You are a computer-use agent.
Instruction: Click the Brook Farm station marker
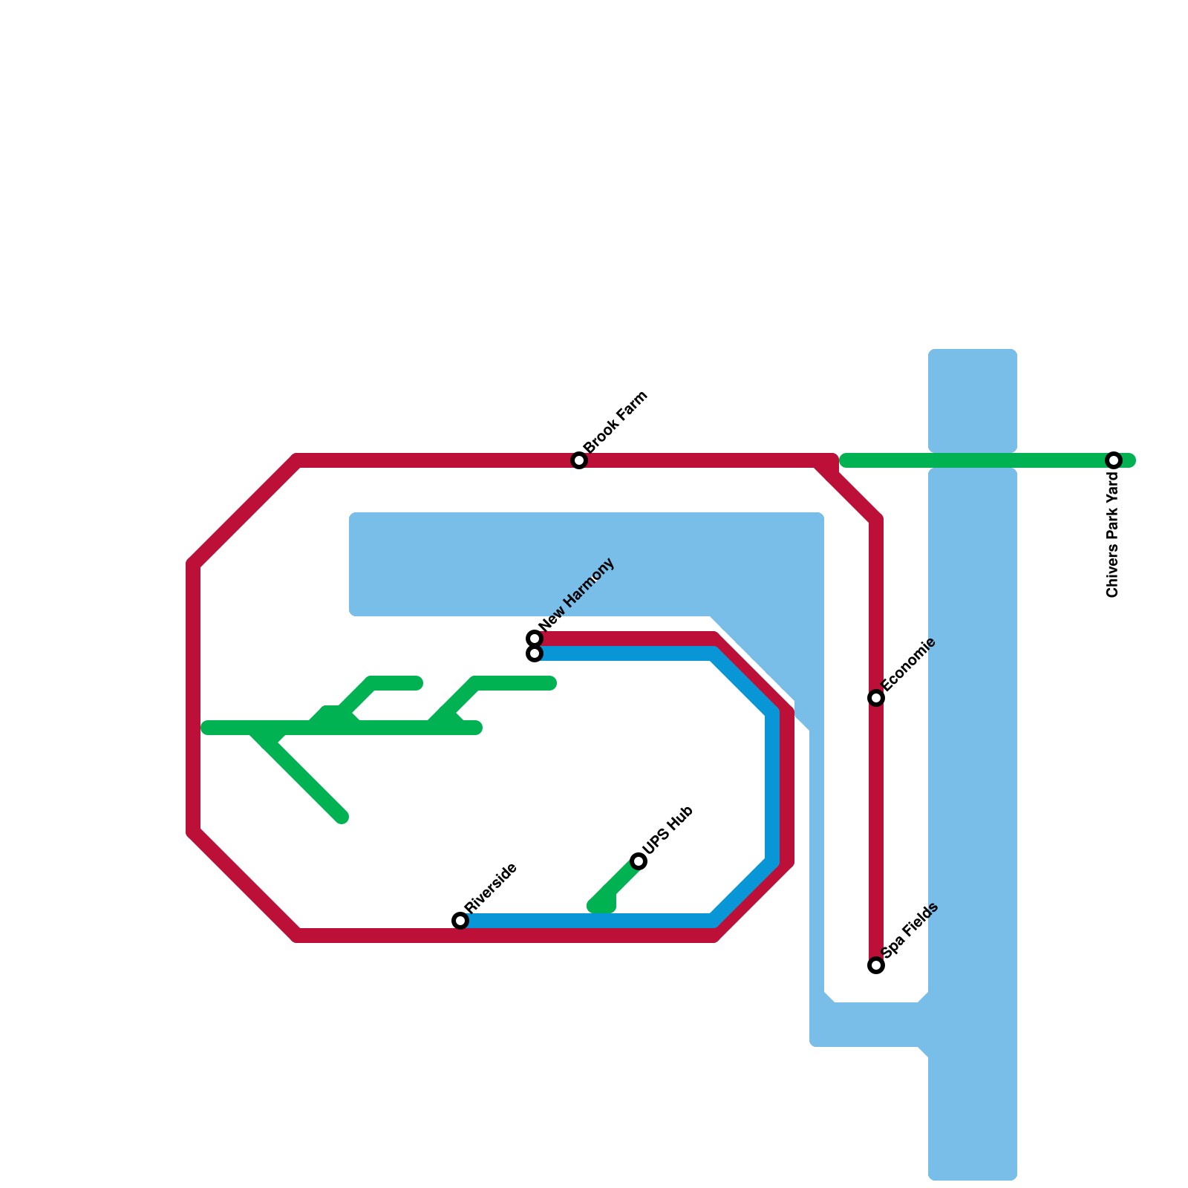(x=579, y=460)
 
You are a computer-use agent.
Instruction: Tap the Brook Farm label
(x=616, y=422)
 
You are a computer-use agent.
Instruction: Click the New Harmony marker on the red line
(x=535, y=639)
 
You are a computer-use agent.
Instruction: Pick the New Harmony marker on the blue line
(x=535, y=654)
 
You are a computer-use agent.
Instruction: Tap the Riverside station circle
(x=460, y=921)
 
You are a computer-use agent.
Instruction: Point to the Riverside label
(x=491, y=888)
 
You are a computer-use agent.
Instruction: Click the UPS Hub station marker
(x=639, y=861)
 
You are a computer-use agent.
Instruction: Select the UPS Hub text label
(x=668, y=829)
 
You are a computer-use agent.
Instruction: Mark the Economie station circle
(x=876, y=698)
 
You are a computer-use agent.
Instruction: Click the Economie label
(x=909, y=664)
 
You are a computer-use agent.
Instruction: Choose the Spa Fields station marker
(x=876, y=965)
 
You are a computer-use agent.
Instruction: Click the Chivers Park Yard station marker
(x=1113, y=460)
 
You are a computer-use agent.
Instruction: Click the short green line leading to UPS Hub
(x=616, y=884)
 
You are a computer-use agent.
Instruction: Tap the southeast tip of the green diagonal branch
(x=342, y=817)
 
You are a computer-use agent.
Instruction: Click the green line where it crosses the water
(x=973, y=460)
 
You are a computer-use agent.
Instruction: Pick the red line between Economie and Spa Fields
(x=876, y=832)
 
